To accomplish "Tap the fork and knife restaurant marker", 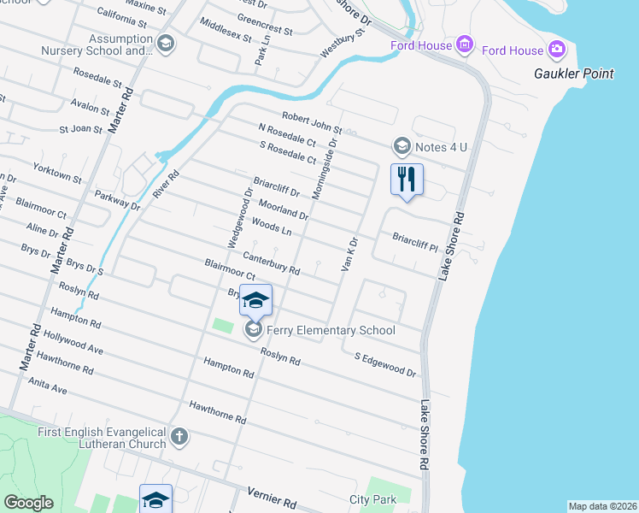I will pyautogui.click(x=407, y=180).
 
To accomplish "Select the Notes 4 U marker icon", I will pyautogui.click(x=402, y=147).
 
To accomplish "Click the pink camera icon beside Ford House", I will pyautogui.click(x=557, y=49).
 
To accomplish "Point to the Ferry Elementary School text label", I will pyautogui.click(x=331, y=330).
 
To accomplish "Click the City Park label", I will pyautogui.click(x=373, y=499).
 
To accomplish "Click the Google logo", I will pyautogui.click(x=28, y=502).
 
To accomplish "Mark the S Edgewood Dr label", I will pyautogui.click(x=384, y=364).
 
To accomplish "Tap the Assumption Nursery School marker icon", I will pyautogui.click(x=166, y=43).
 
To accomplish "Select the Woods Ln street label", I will pyautogui.click(x=272, y=226).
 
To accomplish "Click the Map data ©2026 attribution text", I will pyautogui.click(x=602, y=506).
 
